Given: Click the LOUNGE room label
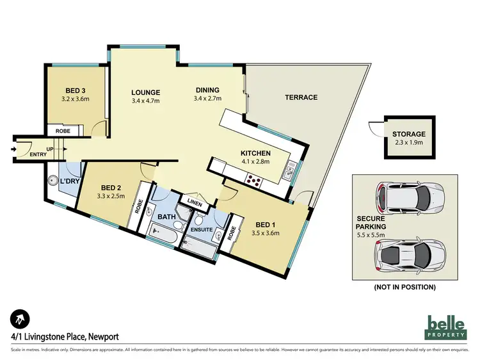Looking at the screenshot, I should pyautogui.click(x=145, y=92).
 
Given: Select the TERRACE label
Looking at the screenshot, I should pyautogui.click(x=301, y=97).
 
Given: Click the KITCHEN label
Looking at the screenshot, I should pyautogui.click(x=256, y=153).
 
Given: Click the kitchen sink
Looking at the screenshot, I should pyautogui.click(x=291, y=170).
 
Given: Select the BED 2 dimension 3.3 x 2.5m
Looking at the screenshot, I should pyautogui.click(x=110, y=197).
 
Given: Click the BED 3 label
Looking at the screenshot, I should pyautogui.click(x=76, y=90).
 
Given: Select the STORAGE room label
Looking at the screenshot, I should pyautogui.click(x=409, y=134).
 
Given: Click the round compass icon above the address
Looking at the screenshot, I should pyautogui.click(x=19, y=318).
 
